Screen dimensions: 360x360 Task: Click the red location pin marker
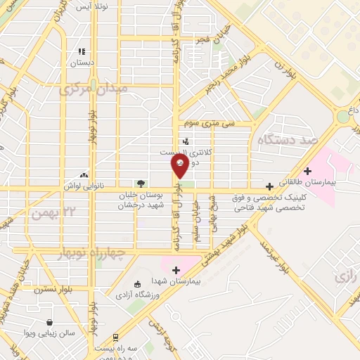(180, 166)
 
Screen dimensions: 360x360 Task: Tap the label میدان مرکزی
(94, 89)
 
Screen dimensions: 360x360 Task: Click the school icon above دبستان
(82, 51)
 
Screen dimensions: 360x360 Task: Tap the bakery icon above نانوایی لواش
(84, 174)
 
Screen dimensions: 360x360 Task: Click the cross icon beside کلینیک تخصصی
(269, 186)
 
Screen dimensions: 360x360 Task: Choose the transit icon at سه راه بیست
(94, 347)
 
